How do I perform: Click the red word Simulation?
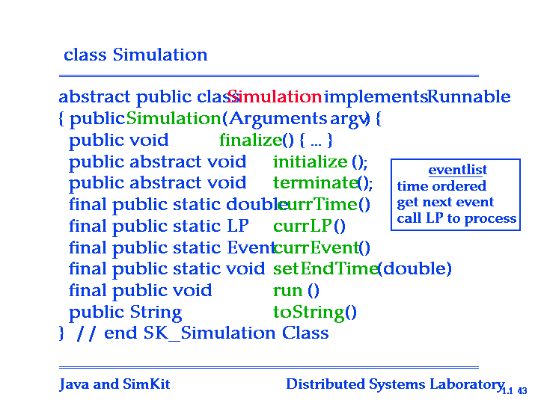275,96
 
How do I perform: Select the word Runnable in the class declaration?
469,96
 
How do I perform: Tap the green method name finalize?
251,140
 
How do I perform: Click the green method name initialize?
311,161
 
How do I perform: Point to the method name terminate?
316,182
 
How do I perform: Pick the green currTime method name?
317,204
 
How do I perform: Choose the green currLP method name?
302,226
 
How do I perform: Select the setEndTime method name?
325,268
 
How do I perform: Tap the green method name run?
287,291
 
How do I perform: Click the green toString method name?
308,313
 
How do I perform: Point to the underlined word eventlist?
458,170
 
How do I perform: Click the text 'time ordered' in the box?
441,186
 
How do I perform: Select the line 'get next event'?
445,203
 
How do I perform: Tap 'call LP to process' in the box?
456,218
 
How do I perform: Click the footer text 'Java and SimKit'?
114,384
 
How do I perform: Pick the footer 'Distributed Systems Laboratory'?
395,384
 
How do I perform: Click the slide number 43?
522,391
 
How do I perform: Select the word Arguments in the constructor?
278,119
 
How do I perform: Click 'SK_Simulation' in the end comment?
210,333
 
